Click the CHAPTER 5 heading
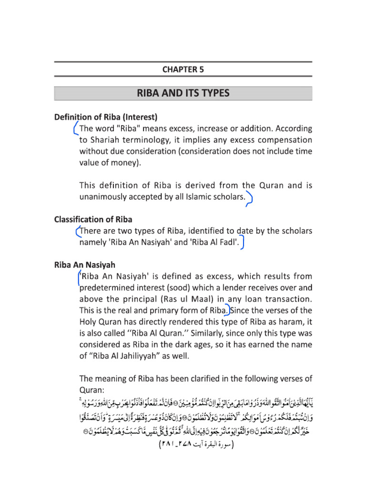tap(183, 69)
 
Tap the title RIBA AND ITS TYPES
tap(183, 93)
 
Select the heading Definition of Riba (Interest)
tap(106, 117)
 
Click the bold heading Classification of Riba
tap(93, 220)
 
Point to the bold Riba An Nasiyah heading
tap(84, 264)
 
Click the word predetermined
tap(109, 288)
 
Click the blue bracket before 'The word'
tap(75, 129)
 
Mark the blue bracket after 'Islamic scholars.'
tap(250, 199)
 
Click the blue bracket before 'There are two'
tap(78, 232)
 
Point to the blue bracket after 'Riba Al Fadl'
tap(243, 244)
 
